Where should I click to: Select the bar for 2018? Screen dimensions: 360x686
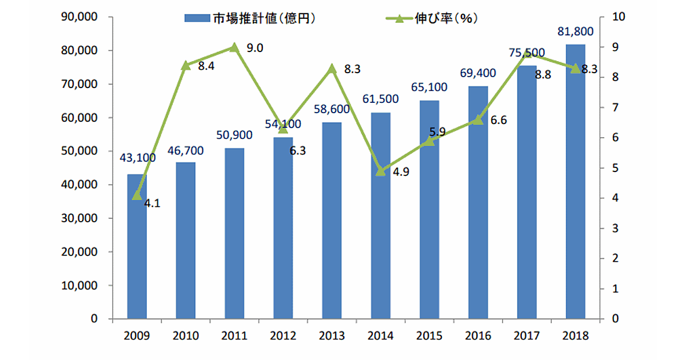coord(576,183)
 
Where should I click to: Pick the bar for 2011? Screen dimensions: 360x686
coord(234,234)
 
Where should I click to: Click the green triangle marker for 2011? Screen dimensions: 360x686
coord(234,47)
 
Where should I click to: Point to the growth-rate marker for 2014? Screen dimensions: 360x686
coord(381,170)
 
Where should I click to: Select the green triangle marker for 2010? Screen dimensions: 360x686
coord(185,65)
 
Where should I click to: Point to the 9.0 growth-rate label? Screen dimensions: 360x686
coord(254,48)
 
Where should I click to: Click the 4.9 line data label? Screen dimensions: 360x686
coord(401,172)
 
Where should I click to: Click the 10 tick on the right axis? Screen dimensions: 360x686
coord(617,18)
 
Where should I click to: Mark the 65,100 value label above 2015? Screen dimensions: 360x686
coord(429,88)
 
